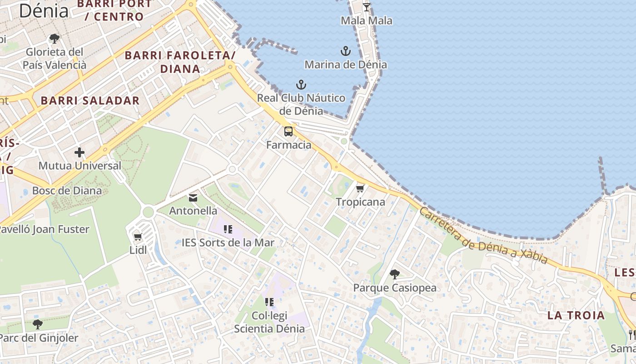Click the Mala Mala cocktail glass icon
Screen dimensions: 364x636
(367, 7)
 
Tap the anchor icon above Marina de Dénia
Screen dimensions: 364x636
(346, 51)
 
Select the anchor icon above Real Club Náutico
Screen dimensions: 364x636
(301, 84)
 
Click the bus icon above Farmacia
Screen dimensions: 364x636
(288, 132)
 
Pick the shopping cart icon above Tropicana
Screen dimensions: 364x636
(360, 188)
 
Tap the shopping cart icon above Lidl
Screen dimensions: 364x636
(138, 237)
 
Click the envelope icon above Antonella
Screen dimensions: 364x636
(193, 197)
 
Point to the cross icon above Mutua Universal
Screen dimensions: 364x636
(79, 152)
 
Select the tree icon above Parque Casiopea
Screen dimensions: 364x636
(395, 274)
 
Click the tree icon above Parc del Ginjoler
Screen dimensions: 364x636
(38, 324)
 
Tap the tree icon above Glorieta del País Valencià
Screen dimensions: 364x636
(55, 38)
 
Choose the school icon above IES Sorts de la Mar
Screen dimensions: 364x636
(228, 229)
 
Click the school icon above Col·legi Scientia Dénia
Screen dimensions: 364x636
(269, 302)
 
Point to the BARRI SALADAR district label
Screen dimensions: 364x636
(90, 101)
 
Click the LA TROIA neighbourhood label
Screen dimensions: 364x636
(576, 315)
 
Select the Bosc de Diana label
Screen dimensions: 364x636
(67, 190)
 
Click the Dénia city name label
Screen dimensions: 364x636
(44, 11)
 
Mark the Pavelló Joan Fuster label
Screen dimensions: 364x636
(45, 229)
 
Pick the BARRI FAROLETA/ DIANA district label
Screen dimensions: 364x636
(180, 62)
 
